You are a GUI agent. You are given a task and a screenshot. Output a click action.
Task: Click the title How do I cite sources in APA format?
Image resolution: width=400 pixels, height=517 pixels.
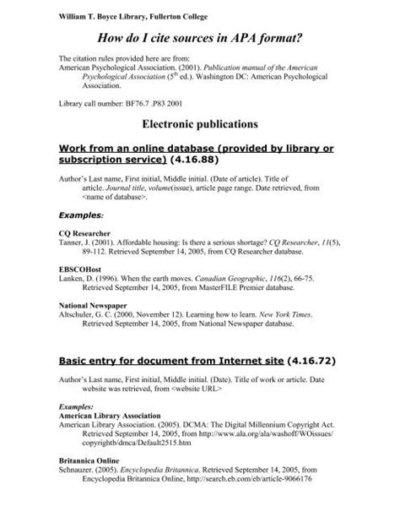pyautogui.click(x=199, y=38)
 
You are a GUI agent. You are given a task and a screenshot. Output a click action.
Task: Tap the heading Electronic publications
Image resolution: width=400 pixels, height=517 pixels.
pyautogui.click(x=199, y=124)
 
